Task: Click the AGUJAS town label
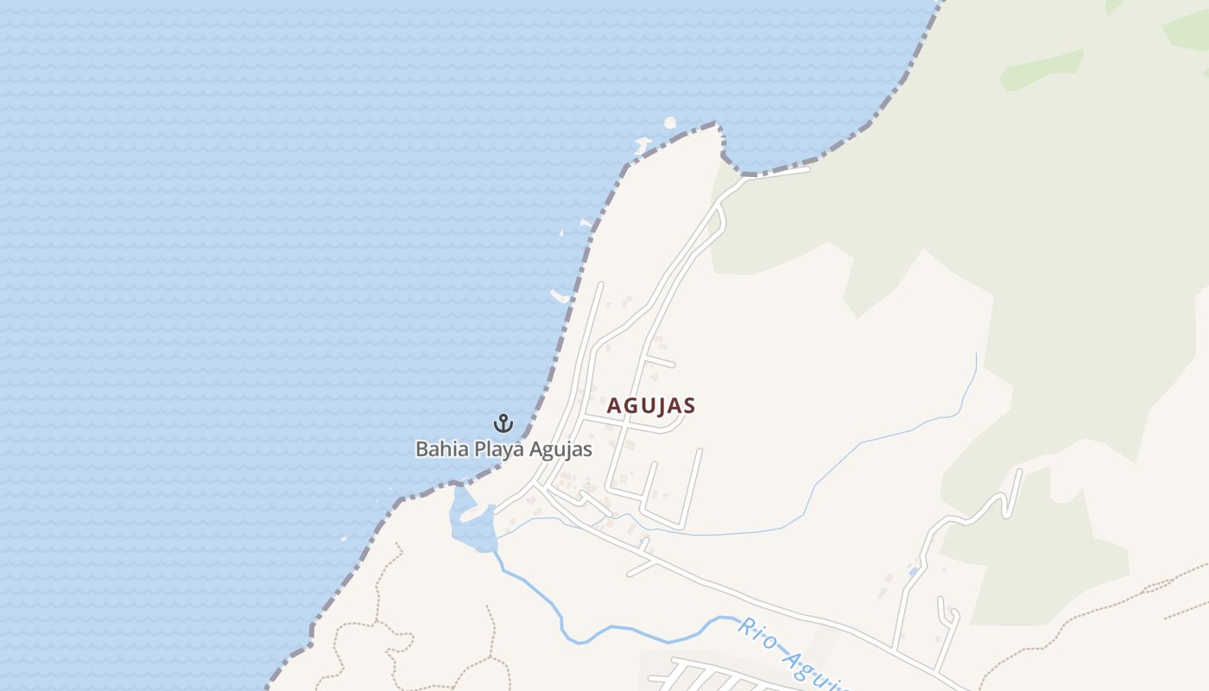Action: pos(651,405)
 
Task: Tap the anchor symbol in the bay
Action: pos(503,423)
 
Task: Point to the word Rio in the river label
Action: pos(752,632)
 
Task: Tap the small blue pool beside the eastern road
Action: pos(913,572)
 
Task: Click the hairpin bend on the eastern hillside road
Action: pos(1004,501)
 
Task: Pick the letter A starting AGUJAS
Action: pos(614,405)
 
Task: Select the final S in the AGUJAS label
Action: pos(689,405)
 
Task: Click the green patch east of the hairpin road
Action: pos(1054,553)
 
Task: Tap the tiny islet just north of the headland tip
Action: pos(669,123)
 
